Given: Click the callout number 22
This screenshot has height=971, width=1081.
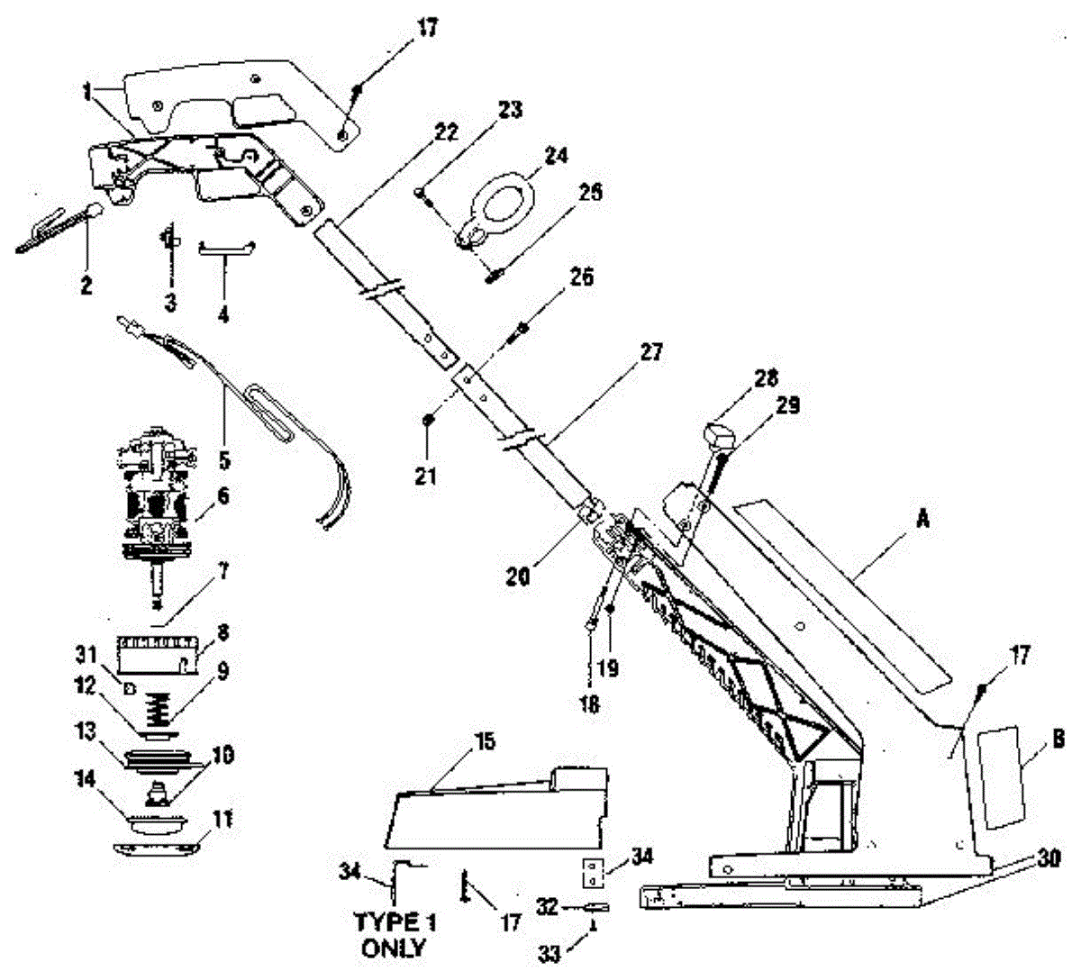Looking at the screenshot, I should [x=445, y=133].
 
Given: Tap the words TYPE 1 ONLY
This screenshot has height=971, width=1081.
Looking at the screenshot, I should [x=393, y=935].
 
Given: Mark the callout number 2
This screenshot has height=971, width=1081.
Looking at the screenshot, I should [x=86, y=286].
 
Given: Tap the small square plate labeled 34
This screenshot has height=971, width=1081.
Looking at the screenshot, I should [x=591, y=873].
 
